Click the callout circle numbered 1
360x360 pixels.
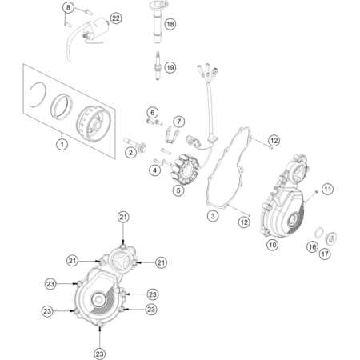point(62,145)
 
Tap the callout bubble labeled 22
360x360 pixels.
point(116,18)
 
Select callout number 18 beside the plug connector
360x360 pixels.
point(170,24)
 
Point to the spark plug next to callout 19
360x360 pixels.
point(158,66)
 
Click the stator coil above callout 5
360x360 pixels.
point(185,170)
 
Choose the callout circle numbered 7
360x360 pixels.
point(179,122)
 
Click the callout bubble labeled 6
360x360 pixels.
point(153,113)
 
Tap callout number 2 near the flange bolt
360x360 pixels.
point(130,153)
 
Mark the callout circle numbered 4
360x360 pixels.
point(155,170)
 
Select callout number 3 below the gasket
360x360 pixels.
point(213,216)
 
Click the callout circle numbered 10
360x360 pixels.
point(272,245)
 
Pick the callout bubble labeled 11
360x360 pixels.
point(328,190)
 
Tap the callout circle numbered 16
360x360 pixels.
point(312,247)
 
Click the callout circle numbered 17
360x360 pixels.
point(325,254)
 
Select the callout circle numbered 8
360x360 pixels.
point(68,7)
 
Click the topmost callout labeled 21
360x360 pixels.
point(123,217)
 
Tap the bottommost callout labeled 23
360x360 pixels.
point(99,354)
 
